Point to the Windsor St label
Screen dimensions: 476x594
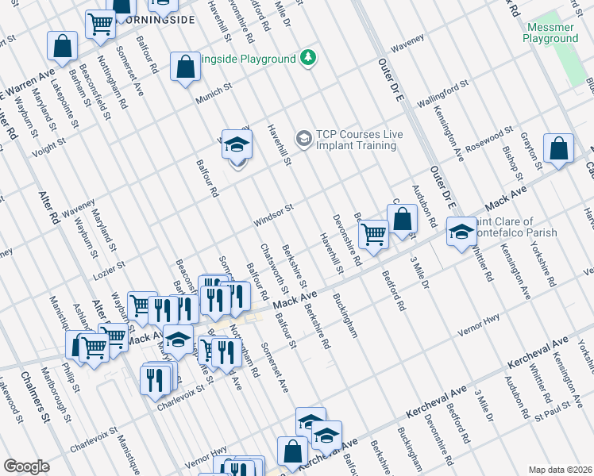click(x=274, y=214)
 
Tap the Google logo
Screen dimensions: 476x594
click(x=26, y=466)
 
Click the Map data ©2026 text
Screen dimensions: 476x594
click(x=560, y=469)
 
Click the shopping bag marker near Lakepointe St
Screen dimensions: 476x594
click(x=62, y=47)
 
